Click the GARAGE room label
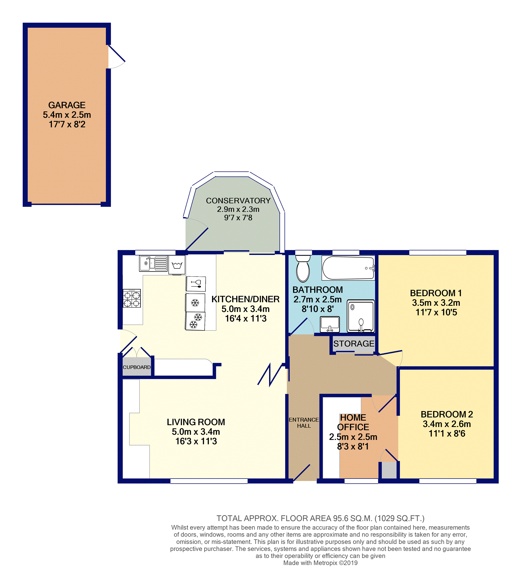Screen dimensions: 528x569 click(x=66, y=105)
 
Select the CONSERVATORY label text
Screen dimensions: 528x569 click(x=238, y=201)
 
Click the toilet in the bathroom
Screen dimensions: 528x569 click(x=303, y=268)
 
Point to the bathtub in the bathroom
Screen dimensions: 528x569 click(x=348, y=268)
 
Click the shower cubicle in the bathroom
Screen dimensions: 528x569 click(x=361, y=316)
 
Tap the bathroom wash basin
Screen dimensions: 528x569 click(x=330, y=324)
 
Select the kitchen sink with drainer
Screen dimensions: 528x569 click(x=153, y=263)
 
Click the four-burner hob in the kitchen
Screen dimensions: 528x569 click(x=132, y=298)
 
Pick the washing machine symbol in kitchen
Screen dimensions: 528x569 click(x=177, y=265)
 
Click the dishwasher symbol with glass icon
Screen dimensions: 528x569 click(x=196, y=284)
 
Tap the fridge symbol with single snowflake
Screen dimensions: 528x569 click(x=195, y=303)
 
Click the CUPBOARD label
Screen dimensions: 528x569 click(x=137, y=367)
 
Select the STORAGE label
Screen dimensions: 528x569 click(x=354, y=344)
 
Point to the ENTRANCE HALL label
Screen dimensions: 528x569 click(x=304, y=423)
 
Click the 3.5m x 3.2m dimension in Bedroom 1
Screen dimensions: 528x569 click(x=436, y=303)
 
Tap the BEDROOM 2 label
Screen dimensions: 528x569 click(x=447, y=414)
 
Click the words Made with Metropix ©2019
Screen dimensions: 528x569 click(x=320, y=563)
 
